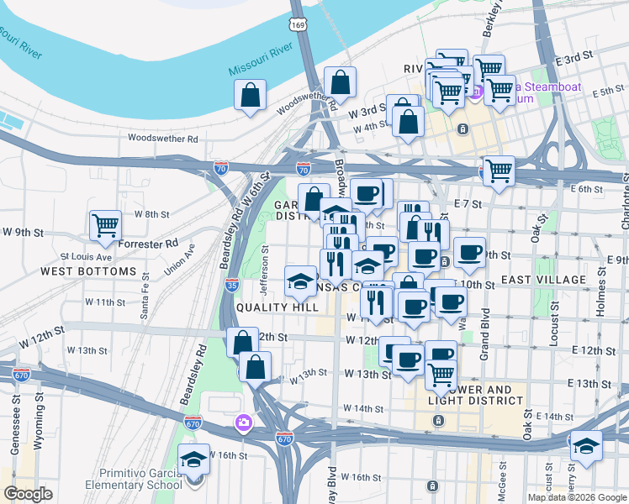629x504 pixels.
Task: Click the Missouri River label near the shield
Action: [261, 67]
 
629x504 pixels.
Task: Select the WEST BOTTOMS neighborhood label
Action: [88, 271]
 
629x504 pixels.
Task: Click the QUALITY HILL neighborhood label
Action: [277, 307]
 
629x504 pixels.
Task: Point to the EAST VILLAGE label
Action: [543, 279]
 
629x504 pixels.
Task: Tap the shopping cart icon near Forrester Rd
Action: [106, 225]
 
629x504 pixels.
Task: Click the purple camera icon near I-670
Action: [244, 422]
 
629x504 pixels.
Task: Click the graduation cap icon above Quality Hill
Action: [300, 282]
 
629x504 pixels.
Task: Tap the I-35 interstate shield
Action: [233, 284]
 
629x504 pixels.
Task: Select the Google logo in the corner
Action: [29, 493]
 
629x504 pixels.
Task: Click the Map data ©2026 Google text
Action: [577, 496]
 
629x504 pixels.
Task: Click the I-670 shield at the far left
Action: [22, 373]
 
